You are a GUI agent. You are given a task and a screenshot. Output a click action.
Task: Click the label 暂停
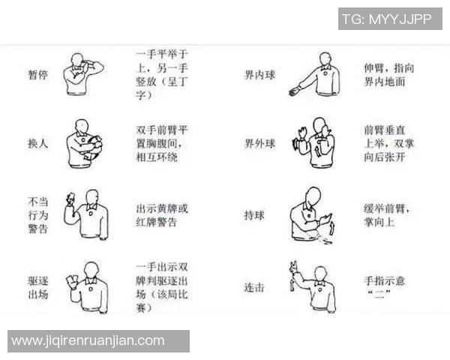(x=37, y=75)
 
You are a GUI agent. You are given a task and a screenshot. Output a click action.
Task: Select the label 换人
(x=37, y=143)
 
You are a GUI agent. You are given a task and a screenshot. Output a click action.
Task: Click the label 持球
(x=254, y=215)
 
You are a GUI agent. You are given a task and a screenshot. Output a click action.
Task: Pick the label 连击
(x=254, y=286)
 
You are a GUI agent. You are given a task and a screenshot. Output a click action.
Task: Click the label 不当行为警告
(x=37, y=215)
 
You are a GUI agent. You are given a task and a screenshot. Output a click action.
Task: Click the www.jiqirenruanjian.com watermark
(x=88, y=341)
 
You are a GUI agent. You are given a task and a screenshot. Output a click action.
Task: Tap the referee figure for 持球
(x=311, y=214)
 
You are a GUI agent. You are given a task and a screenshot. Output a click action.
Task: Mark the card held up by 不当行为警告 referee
(x=70, y=198)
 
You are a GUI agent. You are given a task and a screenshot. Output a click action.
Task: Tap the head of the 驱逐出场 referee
(x=91, y=268)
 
